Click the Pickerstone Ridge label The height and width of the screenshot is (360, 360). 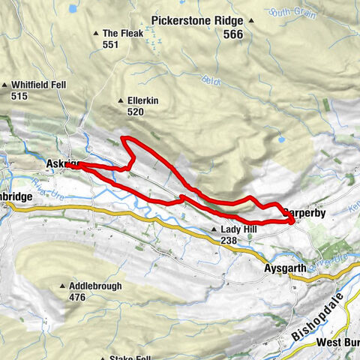(199, 21)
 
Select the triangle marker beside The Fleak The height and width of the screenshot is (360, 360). (95, 33)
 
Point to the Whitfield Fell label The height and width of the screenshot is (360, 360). (34, 85)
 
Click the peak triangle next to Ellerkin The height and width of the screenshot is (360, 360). (121, 100)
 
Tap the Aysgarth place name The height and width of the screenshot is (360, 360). (286, 267)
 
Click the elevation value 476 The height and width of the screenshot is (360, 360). (79, 297)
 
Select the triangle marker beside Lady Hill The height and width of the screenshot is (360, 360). (213, 230)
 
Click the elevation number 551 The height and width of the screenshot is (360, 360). (112, 44)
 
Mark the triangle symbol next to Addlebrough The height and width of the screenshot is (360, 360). (62, 286)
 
